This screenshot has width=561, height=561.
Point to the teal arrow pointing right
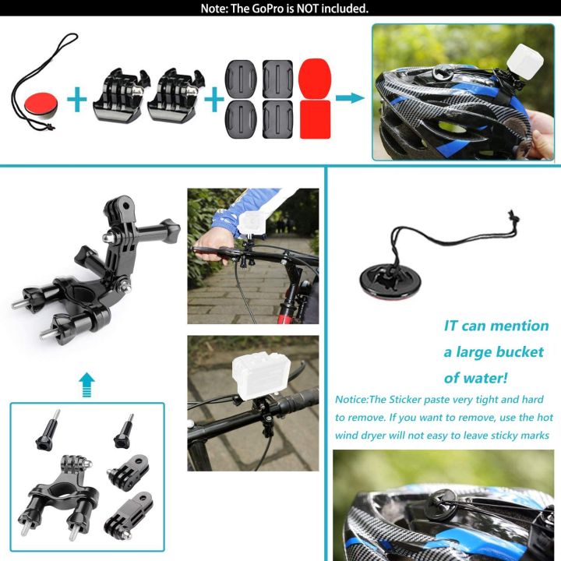point(350,98)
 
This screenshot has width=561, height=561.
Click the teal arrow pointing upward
point(87,383)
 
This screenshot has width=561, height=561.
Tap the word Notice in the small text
point(355,399)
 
